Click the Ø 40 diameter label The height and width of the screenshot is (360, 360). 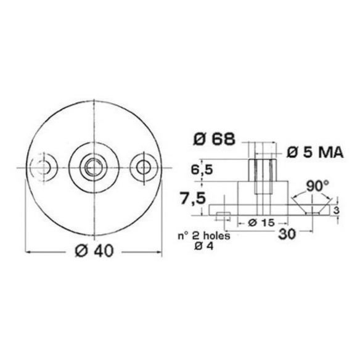(94, 250)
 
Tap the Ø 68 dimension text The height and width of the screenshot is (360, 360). (214, 139)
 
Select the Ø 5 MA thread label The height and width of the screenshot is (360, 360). (315, 153)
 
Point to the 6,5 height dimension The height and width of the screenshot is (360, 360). (202, 170)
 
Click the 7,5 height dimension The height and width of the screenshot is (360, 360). (192, 198)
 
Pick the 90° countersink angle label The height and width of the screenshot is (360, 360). (317, 186)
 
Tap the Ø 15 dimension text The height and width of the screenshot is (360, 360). (261, 223)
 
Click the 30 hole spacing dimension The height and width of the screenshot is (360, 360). (287, 234)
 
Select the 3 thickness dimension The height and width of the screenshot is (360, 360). (336, 211)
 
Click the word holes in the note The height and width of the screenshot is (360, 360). (217, 236)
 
